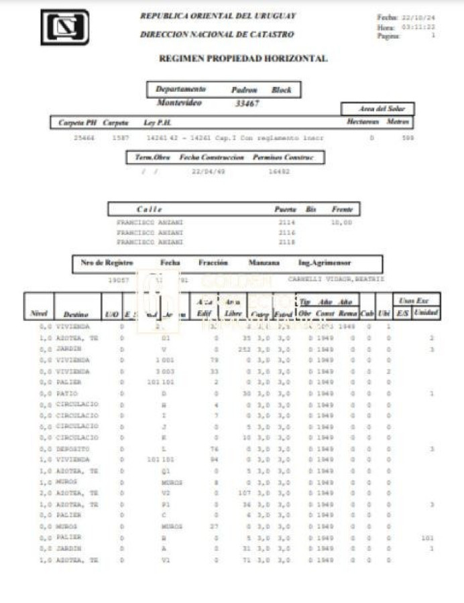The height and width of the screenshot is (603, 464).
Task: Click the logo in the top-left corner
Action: pos(64,27)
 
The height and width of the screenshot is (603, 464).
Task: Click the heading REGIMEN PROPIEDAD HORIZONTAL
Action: pos(243,59)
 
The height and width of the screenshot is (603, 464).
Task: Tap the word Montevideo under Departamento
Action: pos(179,103)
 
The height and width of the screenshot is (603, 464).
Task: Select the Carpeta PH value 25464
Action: pos(84,137)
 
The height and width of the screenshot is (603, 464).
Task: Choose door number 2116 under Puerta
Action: pos(286,232)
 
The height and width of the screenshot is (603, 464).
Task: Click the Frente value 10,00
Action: pos(341,222)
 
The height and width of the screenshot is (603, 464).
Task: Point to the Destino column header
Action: pos(75,314)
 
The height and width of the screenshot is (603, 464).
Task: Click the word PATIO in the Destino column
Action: pos(68,393)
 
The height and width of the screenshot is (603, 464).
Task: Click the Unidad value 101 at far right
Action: pos(427,537)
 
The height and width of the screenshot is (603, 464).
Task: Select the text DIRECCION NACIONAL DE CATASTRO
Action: pos(217,34)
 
